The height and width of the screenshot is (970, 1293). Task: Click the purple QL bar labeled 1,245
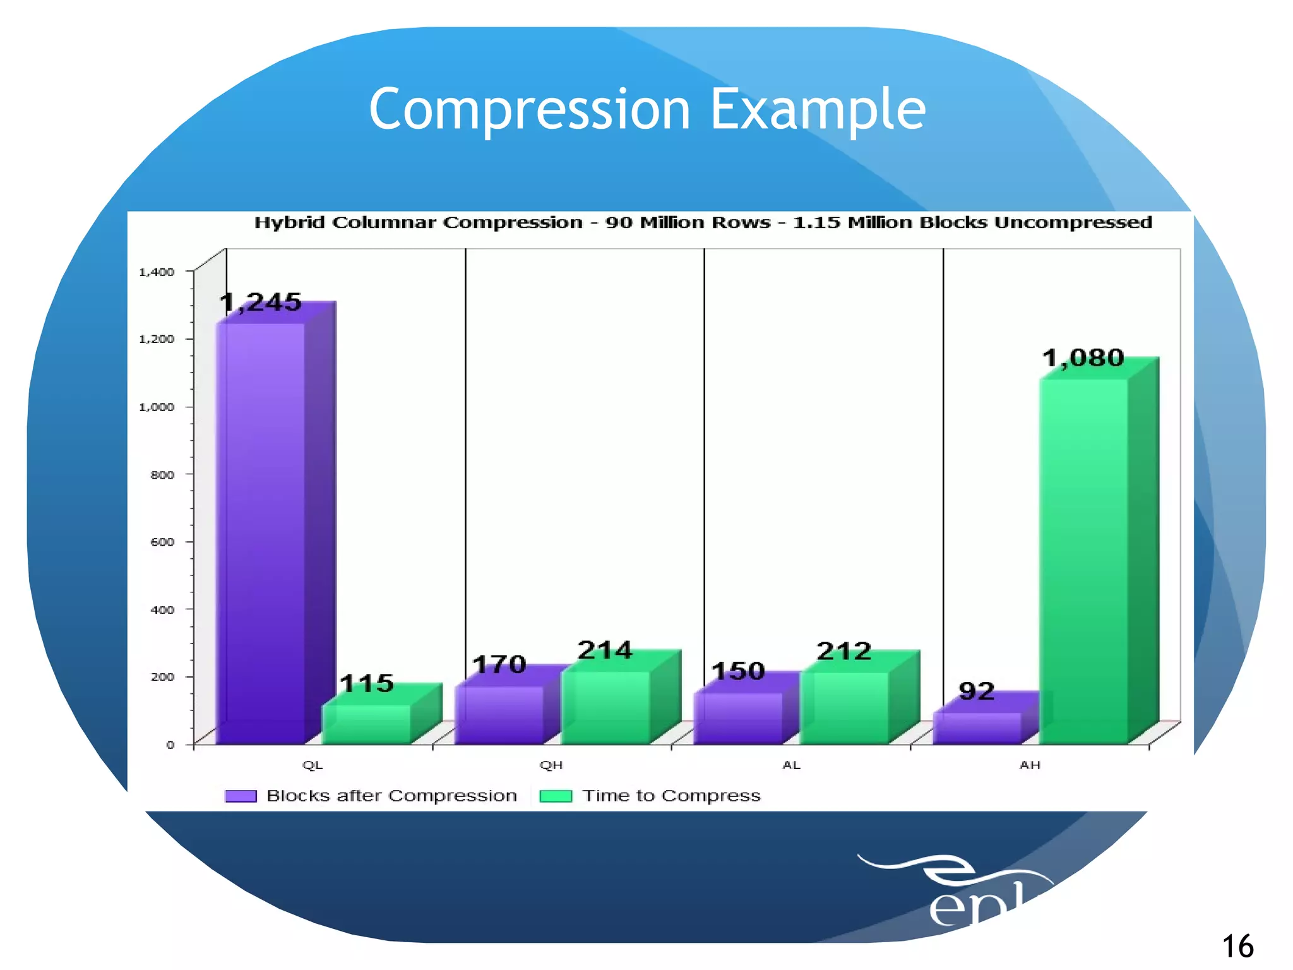coord(261,534)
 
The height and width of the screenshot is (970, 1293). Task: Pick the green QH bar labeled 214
coord(605,707)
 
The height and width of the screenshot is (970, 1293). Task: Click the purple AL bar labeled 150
coord(737,718)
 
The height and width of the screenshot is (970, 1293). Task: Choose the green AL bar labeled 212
coord(843,708)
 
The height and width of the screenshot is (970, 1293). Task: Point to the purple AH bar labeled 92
coord(977,727)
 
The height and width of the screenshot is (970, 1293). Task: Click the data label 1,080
coord(1083,358)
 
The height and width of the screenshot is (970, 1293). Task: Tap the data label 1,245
coord(261,302)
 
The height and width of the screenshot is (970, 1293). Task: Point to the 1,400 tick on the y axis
coord(157,272)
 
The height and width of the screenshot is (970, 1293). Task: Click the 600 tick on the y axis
coord(162,542)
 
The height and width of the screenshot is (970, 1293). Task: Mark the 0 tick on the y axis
coord(170,745)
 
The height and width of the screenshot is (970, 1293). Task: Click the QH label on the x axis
coord(551,765)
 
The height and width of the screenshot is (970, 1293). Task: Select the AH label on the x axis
coord(1029,765)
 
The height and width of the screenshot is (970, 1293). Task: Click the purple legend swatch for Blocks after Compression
coord(241,796)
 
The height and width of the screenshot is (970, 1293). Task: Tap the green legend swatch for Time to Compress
coord(556,796)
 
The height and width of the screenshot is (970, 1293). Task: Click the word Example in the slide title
coord(818,109)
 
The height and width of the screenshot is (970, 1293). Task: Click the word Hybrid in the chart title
coord(289,222)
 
